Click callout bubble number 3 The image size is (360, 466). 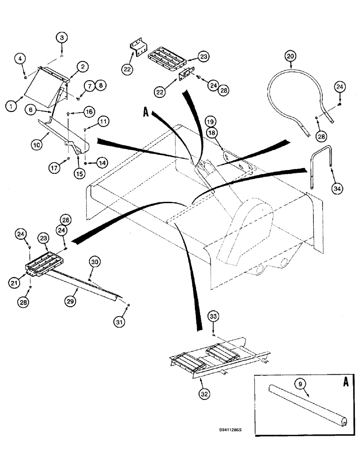[63, 38]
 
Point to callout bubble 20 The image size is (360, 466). [291, 56]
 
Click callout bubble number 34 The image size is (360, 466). [337, 188]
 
